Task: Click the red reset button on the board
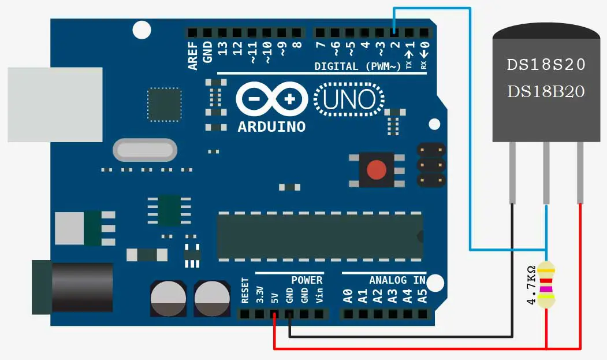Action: pos(377,169)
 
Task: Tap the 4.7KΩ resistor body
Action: pos(546,284)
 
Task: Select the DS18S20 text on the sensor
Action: pos(546,65)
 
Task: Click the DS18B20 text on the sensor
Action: pos(546,91)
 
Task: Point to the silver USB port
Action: pos(55,104)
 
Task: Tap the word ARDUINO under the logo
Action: pos(271,127)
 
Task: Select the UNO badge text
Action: pos(349,99)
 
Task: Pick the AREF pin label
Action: pos(193,55)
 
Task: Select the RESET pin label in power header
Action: pos(245,291)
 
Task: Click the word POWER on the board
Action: pos(307,280)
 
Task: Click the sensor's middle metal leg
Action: pos(546,173)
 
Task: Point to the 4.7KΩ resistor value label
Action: pos(531,284)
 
